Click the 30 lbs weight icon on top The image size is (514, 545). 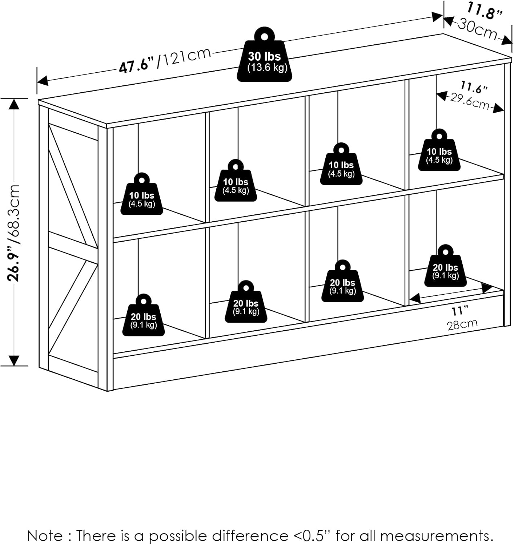pyautogui.click(x=264, y=58)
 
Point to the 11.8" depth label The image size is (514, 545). pyautogui.click(x=485, y=10)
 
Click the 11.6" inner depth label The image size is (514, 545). pyautogui.click(x=474, y=88)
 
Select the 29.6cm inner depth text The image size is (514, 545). pyautogui.click(x=470, y=101)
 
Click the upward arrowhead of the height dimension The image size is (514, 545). pyautogui.click(x=14, y=104)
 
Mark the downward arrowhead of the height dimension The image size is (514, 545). pyautogui.click(x=14, y=360)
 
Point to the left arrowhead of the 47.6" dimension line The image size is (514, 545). pyautogui.click(x=43, y=81)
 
